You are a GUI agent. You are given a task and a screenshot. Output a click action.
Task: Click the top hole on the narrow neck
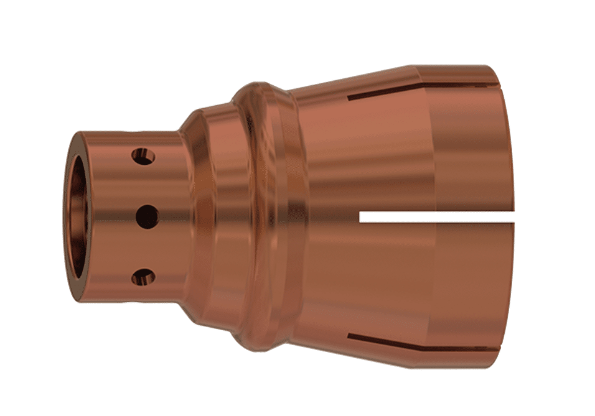(144, 156)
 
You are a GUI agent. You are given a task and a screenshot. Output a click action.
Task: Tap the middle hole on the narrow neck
(147, 216)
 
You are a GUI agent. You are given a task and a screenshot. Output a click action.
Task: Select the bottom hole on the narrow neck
(143, 277)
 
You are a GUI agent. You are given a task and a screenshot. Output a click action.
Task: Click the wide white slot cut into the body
(436, 216)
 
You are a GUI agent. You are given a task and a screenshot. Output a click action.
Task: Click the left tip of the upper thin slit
(349, 98)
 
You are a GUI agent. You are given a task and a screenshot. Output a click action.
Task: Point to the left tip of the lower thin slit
(349, 336)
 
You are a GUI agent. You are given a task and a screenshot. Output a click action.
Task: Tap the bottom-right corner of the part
(492, 367)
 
